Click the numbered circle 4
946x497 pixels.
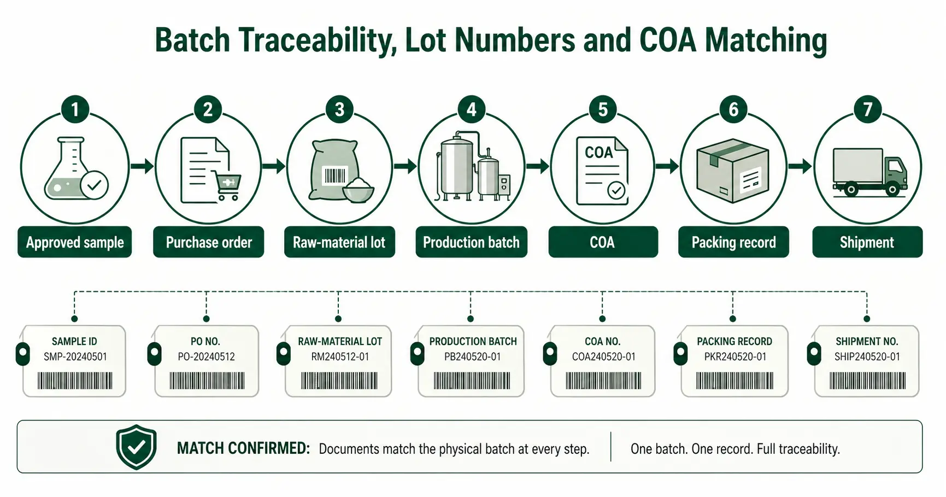[471, 109]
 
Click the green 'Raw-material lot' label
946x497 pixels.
[339, 242]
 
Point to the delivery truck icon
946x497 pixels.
[869, 172]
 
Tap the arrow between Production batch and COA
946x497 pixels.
[537, 166]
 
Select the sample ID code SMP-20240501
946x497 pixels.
[75, 356]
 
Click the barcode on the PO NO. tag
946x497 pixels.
[207, 381]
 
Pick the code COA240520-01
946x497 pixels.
[603, 356]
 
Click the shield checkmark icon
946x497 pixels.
[137, 447]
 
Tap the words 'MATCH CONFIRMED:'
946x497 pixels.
[243, 448]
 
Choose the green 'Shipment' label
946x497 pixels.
[867, 242]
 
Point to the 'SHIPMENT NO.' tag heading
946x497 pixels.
[867, 341]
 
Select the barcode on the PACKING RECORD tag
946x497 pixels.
[735, 381]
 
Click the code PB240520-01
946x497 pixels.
[473, 356]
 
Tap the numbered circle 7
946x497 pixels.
[867, 109]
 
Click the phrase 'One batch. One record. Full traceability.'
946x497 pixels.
[735, 449]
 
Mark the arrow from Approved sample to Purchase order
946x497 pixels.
[142, 166]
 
